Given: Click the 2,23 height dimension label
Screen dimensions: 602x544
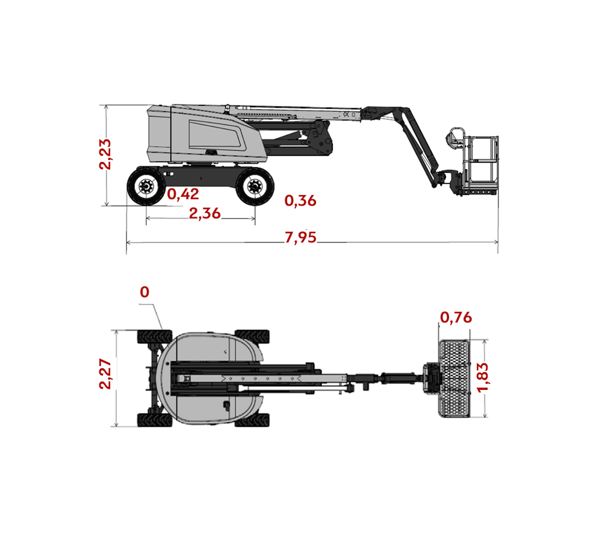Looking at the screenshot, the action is (x=105, y=154).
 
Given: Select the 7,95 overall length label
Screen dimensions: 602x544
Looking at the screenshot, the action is (x=300, y=237).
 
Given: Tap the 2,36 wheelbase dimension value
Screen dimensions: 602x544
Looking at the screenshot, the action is (x=205, y=214).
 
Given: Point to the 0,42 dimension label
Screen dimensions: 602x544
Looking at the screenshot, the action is (x=183, y=194).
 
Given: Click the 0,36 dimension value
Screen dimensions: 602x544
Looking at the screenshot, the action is (x=300, y=200).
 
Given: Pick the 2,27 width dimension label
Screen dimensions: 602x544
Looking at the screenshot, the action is (x=105, y=374).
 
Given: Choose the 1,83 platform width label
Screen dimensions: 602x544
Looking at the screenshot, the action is (x=482, y=377).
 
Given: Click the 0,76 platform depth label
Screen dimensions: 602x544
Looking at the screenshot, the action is (x=456, y=318).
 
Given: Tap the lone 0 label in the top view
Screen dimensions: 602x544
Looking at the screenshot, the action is (x=144, y=292).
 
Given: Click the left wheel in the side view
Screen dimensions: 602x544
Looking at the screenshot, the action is (x=146, y=187).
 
